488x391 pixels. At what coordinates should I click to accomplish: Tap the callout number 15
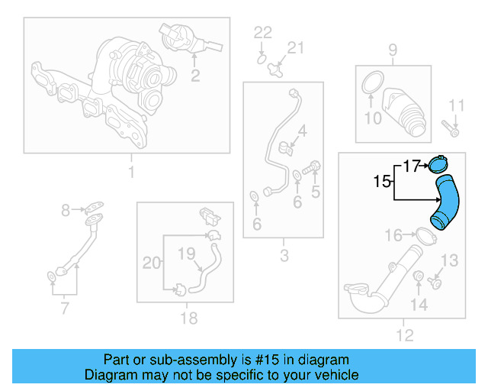[x=382, y=182]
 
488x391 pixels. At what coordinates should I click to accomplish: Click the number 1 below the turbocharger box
[x=130, y=173]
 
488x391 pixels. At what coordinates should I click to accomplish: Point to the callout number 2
[x=195, y=75]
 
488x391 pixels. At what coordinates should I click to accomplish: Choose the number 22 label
[x=262, y=32]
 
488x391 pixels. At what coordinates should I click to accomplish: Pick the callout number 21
[x=295, y=48]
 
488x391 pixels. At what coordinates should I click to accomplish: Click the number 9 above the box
[x=393, y=50]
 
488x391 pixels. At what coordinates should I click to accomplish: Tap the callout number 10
[x=372, y=118]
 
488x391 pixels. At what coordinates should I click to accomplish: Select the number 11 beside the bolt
[x=456, y=105]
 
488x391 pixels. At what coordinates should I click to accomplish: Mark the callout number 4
[x=303, y=131]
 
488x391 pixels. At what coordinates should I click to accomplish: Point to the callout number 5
[x=314, y=191]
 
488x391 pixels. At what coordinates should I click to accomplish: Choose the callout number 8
[x=66, y=208]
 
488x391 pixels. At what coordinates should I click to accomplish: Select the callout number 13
[x=450, y=261]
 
